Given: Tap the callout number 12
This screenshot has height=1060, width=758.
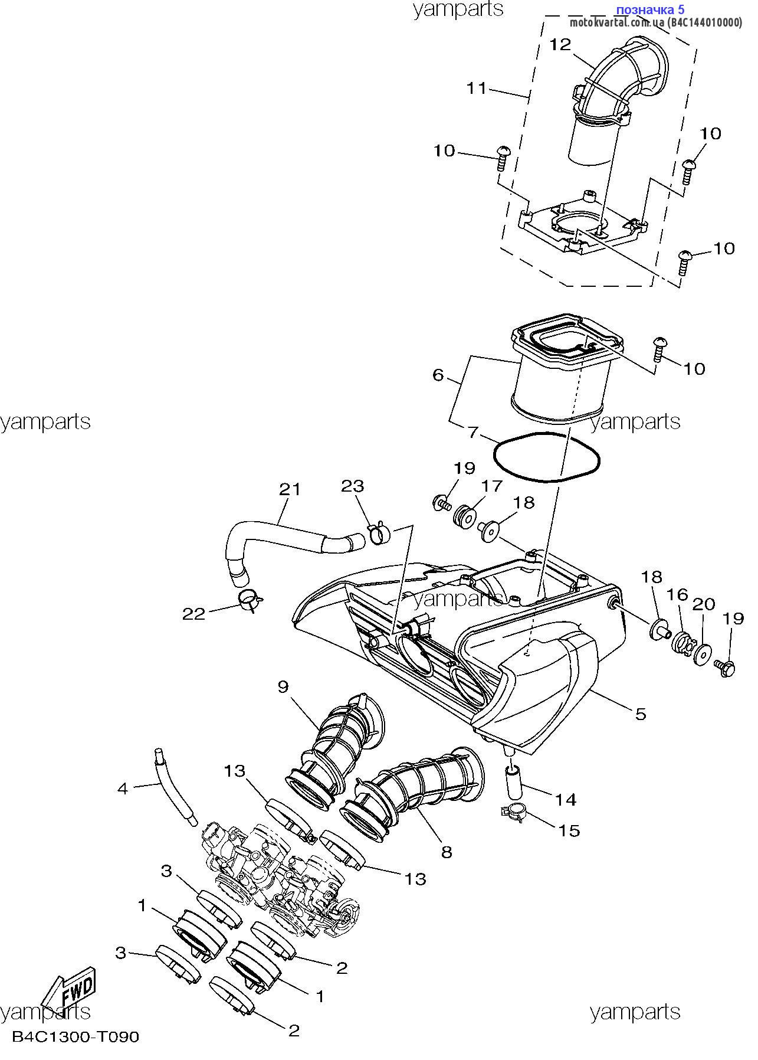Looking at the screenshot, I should point(561,44).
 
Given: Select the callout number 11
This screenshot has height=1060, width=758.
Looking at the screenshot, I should point(477,89).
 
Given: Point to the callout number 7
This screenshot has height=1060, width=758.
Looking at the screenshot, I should point(473,432).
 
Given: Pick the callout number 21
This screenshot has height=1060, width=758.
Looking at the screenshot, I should point(290,489).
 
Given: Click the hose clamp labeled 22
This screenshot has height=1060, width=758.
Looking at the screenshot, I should point(251,600).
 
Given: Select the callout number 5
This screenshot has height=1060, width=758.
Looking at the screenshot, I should point(641,714).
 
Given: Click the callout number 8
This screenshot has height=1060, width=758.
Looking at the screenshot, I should point(447,852).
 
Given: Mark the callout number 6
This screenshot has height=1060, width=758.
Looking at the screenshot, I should point(438,375).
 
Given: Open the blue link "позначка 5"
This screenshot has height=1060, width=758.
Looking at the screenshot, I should point(650,10).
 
